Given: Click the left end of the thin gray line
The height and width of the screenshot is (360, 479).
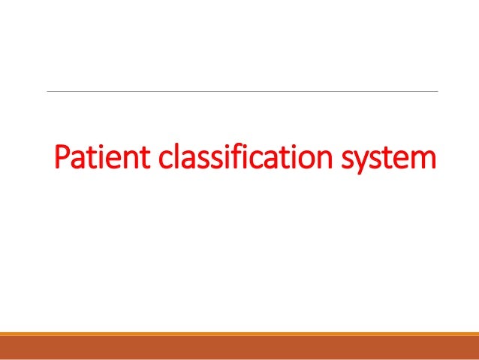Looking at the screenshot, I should (48, 92).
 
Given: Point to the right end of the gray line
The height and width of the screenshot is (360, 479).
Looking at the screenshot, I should (436, 92).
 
